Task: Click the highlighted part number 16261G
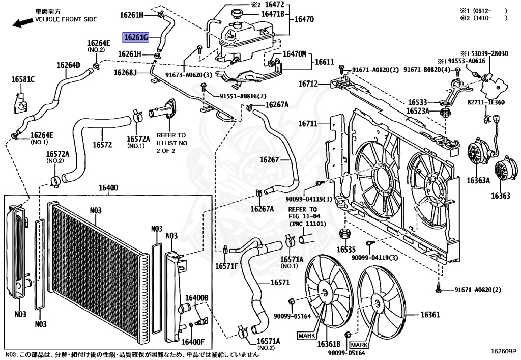click(135, 38)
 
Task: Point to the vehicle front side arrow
click(22, 23)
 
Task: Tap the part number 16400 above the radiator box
click(108, 188)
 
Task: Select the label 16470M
click(295, 53)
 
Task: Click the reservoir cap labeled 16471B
click(237, 14)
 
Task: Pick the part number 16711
click(308, 124)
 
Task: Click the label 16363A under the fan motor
click(478, 180)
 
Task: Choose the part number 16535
click(345, 249)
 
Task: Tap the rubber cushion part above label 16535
click(344, 234)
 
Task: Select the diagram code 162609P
click(504, 351)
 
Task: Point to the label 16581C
click(23, 79)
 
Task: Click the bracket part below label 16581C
click(21, 103)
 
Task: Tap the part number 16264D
click(68, 65)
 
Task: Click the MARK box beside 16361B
click(307, 336)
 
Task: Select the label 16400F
click(193, 342)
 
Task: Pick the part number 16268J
click(125, 72)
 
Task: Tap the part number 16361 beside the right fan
click(430, 314)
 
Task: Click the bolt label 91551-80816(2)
click(243, 96)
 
